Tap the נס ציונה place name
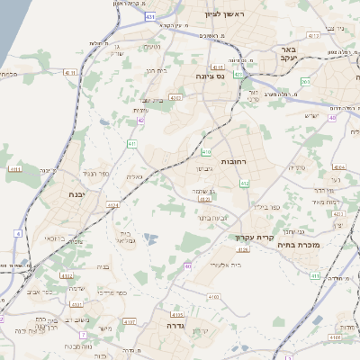click(211, 77)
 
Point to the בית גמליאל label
click(125, 238)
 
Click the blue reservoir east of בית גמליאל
click(149, 238)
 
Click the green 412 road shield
click(244, 184)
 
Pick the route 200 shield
click(306, 81)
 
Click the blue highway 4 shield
click(17, 233)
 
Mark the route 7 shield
click(82, 335)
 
